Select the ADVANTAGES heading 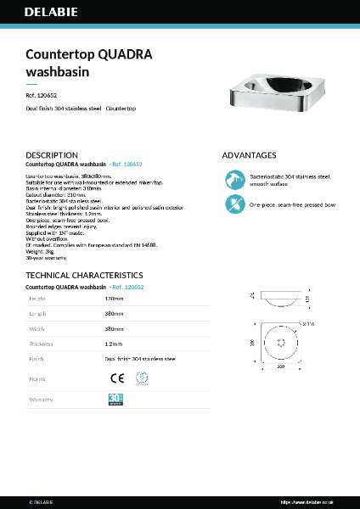[249, 156]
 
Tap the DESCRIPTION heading [52, 156]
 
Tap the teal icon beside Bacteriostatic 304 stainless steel [233, 179]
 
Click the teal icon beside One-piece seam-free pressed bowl [233, 204]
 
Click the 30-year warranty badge [115, 398]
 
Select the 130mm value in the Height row [114, 299]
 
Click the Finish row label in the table [37, 359]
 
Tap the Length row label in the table [38, 314]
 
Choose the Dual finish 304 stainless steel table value [140, 359]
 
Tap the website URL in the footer [309, 501]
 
